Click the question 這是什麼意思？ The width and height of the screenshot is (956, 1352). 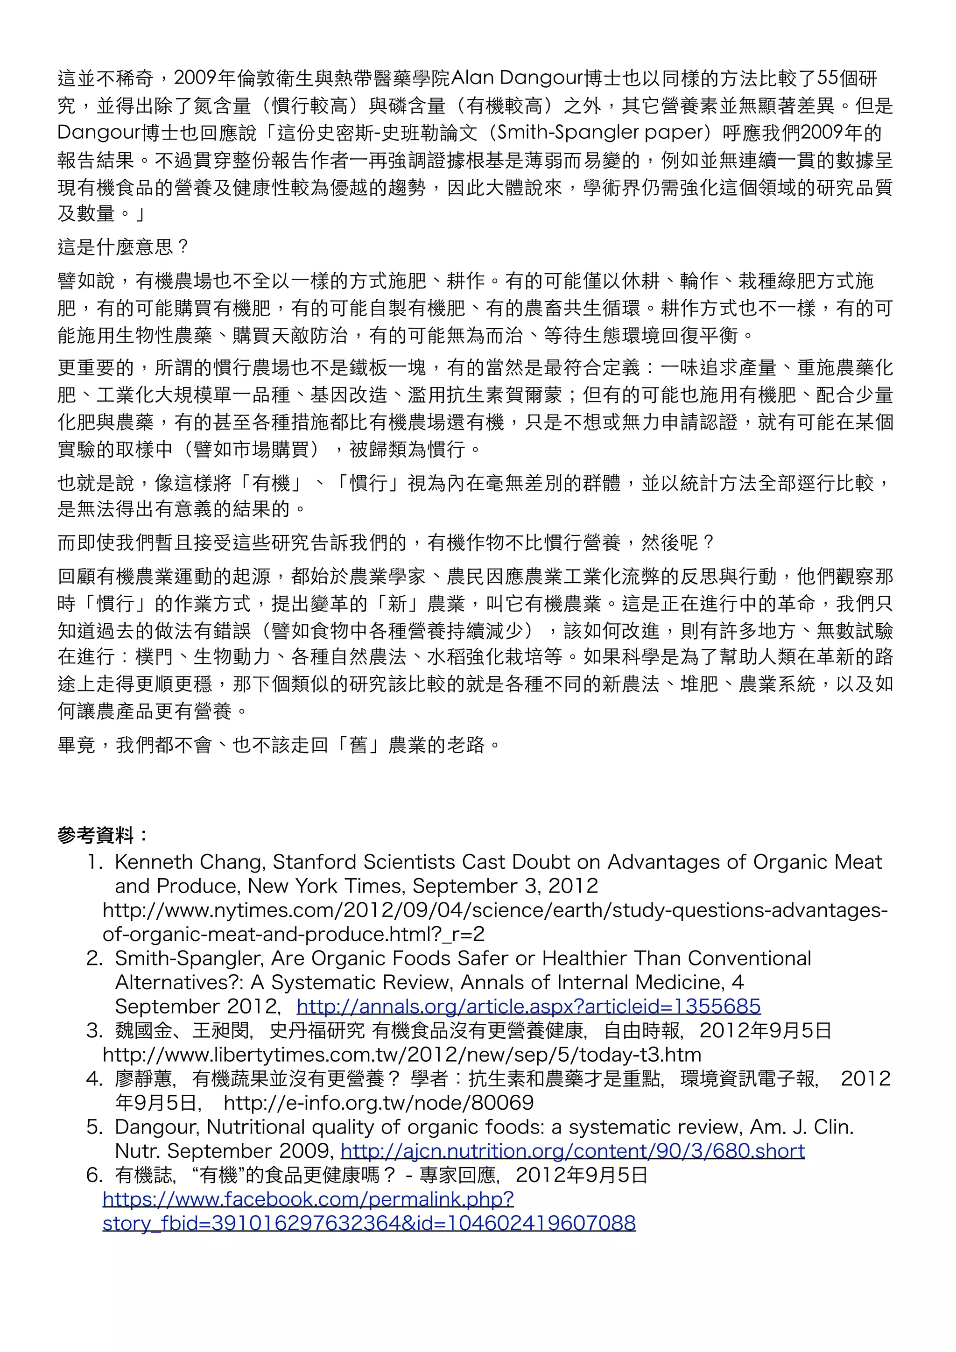click(122, 246)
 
